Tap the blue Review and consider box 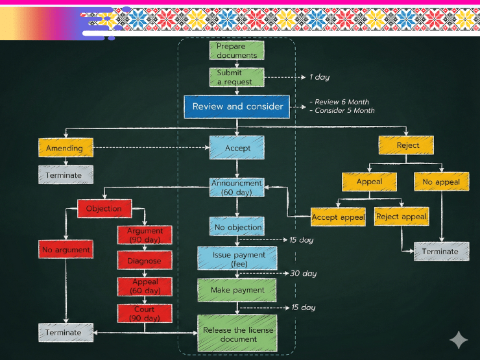point(237,106)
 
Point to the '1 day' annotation point(319,77)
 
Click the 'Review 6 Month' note point(341,102)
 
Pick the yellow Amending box point(65,148)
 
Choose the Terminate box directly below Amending point(65,175)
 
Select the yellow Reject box point(407,145)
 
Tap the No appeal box point(441,182)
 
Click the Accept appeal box point(338,217)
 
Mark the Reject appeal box point(402,217)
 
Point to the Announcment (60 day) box point(237,187)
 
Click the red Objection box point(104,208)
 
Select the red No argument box point(66,249)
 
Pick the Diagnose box point(145,261)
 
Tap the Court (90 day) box point(145,314)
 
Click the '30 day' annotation point(303,273)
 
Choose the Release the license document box point(237,334)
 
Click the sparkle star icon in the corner point(459,340)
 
